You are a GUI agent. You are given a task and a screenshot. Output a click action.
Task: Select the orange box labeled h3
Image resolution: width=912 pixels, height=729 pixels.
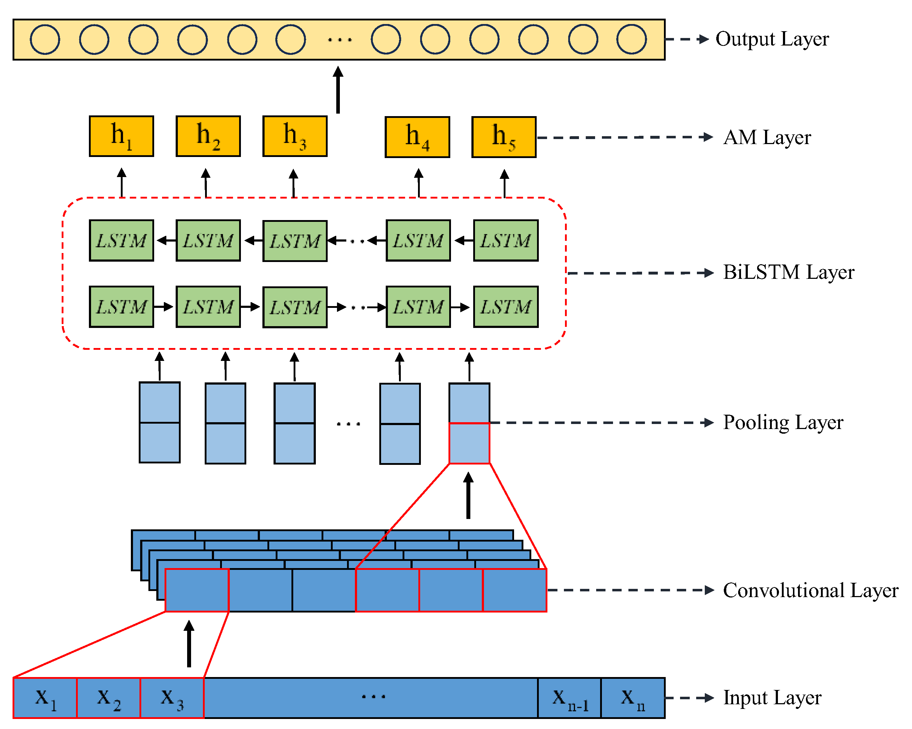[x=294, y=136]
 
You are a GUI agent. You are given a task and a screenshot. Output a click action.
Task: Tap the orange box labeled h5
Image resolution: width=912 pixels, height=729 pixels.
[x=503, y=137]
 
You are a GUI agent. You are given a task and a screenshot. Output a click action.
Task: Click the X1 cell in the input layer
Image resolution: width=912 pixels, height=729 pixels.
[x=45, y=698]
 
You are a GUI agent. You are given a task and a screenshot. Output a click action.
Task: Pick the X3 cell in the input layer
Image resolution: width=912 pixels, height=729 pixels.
[x=172, y=698]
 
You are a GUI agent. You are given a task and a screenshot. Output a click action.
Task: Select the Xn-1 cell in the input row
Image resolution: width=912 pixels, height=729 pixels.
[x=569, y=698]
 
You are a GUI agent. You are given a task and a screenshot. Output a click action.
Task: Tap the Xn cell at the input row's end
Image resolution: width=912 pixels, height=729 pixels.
[x=632, y=698]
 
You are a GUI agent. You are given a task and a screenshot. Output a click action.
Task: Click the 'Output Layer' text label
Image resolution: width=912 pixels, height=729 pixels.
[x=771, y=39]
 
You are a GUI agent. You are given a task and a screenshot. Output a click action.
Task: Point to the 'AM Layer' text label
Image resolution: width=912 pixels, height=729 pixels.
[x=766, y=137]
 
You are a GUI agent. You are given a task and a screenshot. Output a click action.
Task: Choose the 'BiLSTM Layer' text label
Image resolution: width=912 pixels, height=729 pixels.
[x=788, y=272]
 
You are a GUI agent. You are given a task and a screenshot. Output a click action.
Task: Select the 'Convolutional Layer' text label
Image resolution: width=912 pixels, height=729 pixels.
[x=810, y=590]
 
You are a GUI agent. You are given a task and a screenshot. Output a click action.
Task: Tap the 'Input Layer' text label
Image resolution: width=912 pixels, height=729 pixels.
[x=771, y=698]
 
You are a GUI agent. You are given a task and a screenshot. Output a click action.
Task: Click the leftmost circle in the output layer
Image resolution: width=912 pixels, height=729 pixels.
[x=45, y=39]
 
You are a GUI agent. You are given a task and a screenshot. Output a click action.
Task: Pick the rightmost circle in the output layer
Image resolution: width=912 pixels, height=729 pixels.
[x=631, y=39]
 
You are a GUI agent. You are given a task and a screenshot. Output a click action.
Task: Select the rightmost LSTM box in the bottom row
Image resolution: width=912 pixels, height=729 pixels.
[x=505, y=306]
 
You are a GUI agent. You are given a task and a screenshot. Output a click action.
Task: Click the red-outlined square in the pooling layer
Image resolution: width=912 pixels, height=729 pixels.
[x=469, y=443]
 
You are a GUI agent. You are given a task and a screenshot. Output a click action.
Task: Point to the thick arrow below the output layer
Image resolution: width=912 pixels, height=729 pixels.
[x=338, y=90]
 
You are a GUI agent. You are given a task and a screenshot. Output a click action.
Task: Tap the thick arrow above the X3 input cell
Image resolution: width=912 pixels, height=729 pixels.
[x=189, y=644]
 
